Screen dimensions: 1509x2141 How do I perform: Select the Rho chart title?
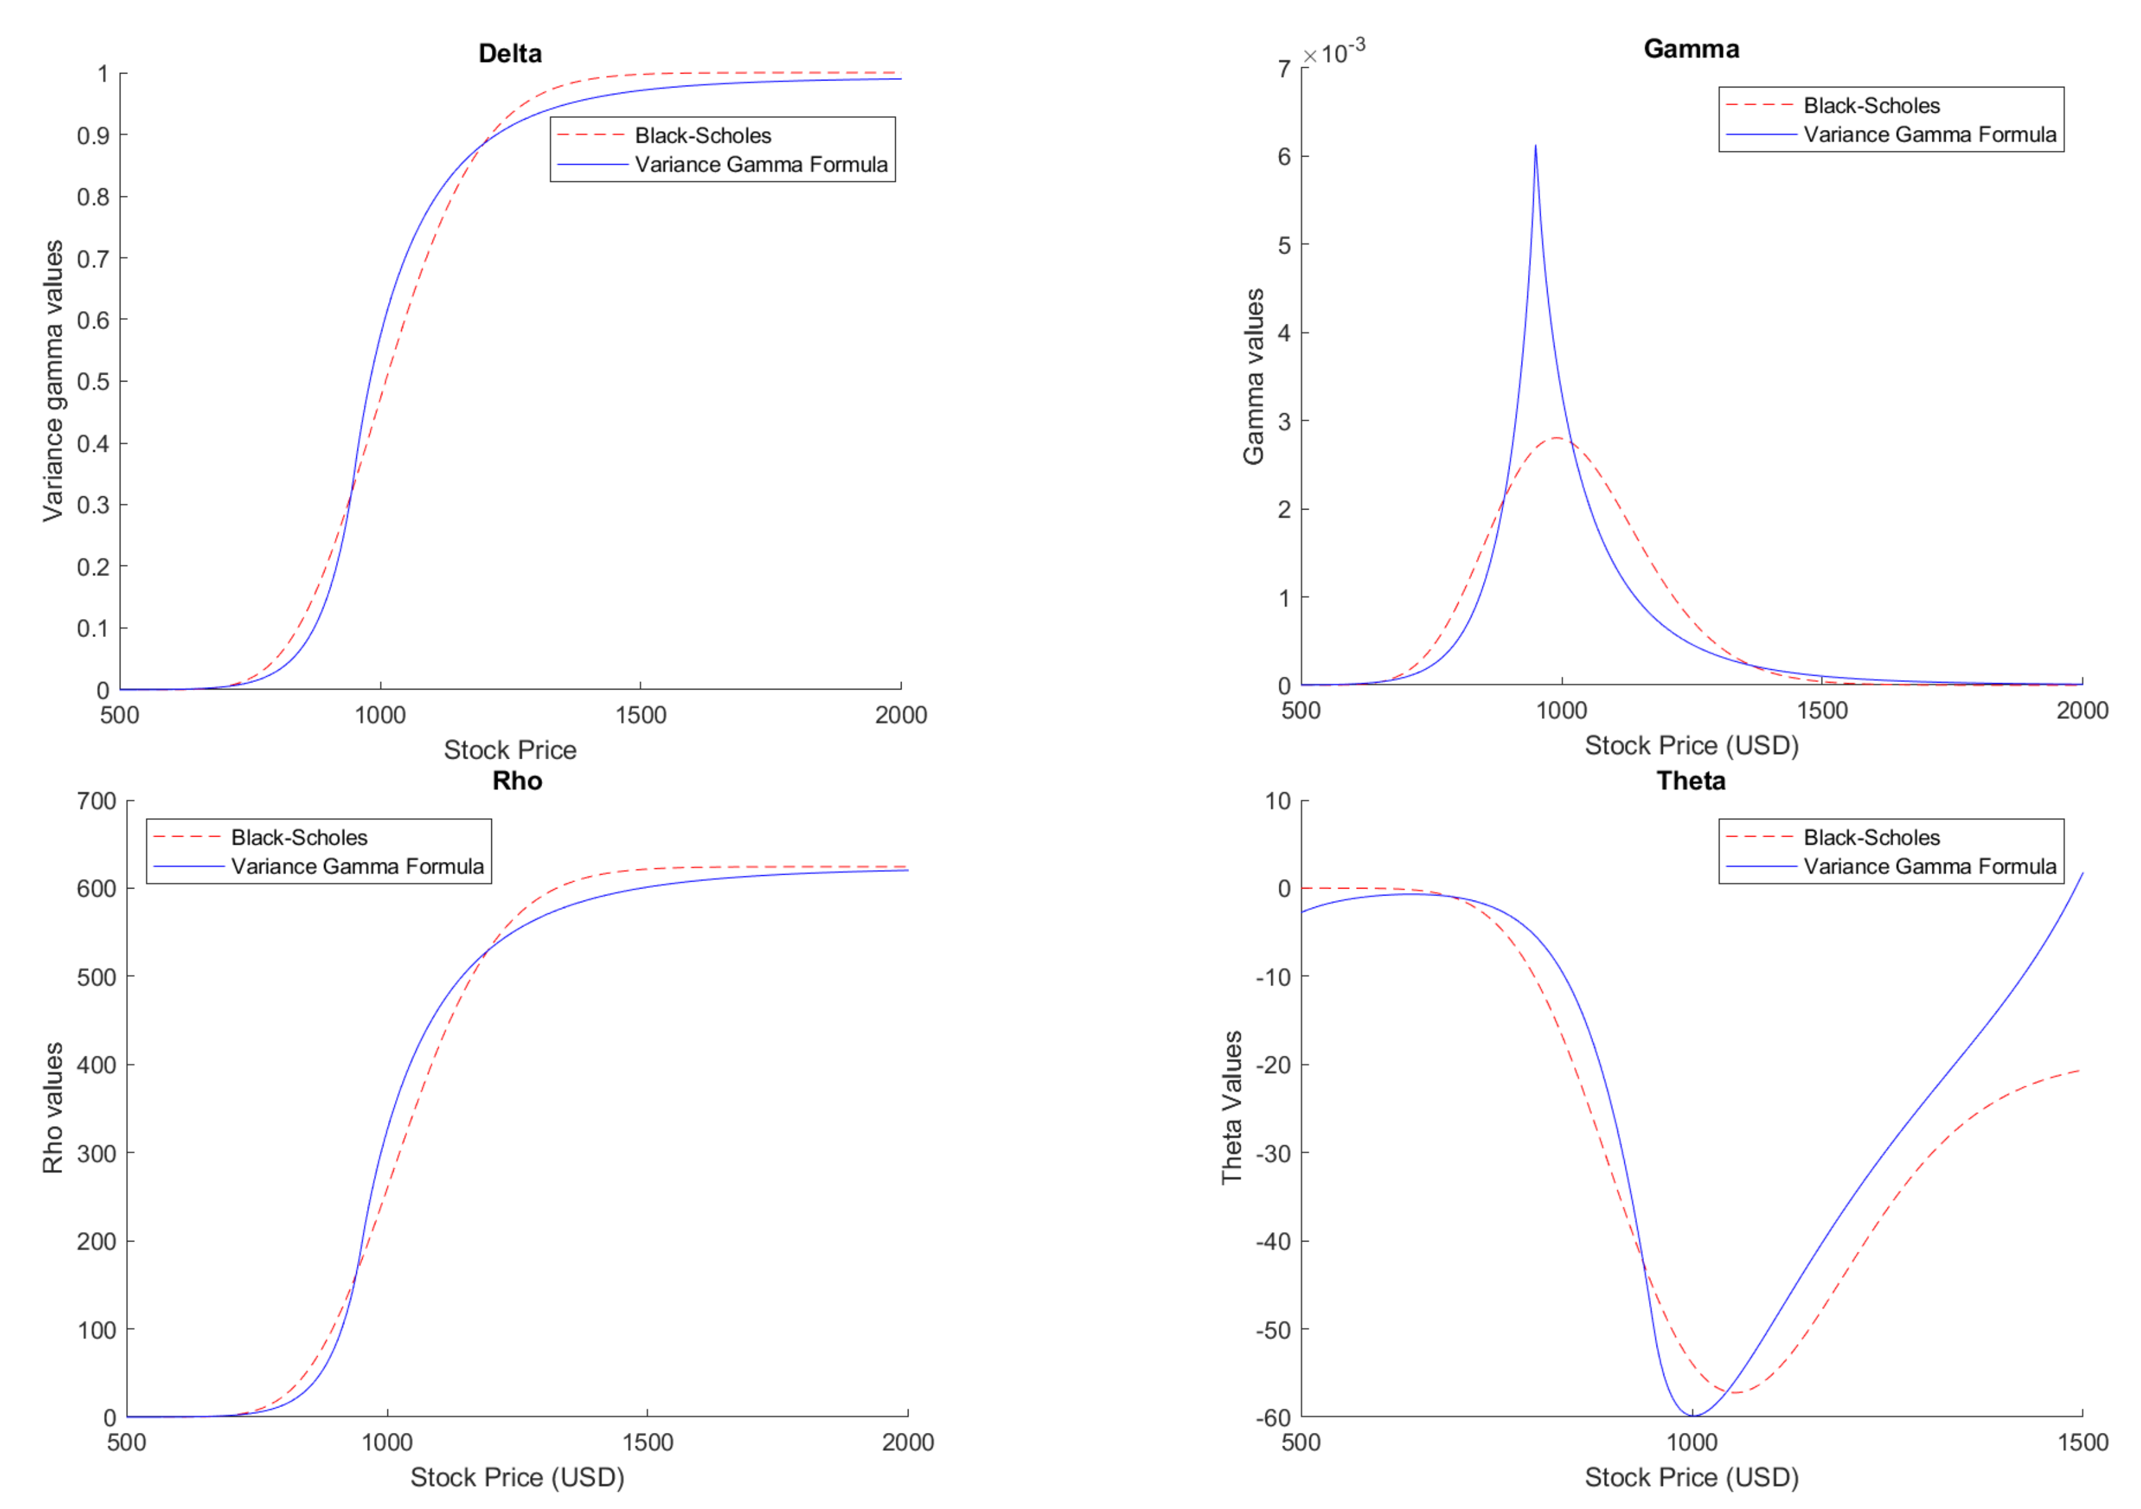[x=517, y=780]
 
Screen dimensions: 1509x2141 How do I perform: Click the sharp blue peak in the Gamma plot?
[x=1535, y=146]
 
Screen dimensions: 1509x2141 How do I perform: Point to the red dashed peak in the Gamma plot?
[x=1556, y=438]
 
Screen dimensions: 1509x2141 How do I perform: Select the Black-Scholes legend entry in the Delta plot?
[x=702, y=135]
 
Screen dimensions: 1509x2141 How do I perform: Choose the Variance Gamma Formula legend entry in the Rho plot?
[x=357, y=866]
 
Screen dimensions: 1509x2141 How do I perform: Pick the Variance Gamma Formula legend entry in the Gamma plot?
[x=1929, y=134]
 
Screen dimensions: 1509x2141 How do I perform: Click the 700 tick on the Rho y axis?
[x=96, y=800]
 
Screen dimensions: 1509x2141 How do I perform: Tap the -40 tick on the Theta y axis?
[x=1273, y=1240]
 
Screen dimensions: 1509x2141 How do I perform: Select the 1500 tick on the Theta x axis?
[x=2081, y=1442]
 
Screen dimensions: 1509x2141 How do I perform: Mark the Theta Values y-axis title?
[x=1232, y=1107]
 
